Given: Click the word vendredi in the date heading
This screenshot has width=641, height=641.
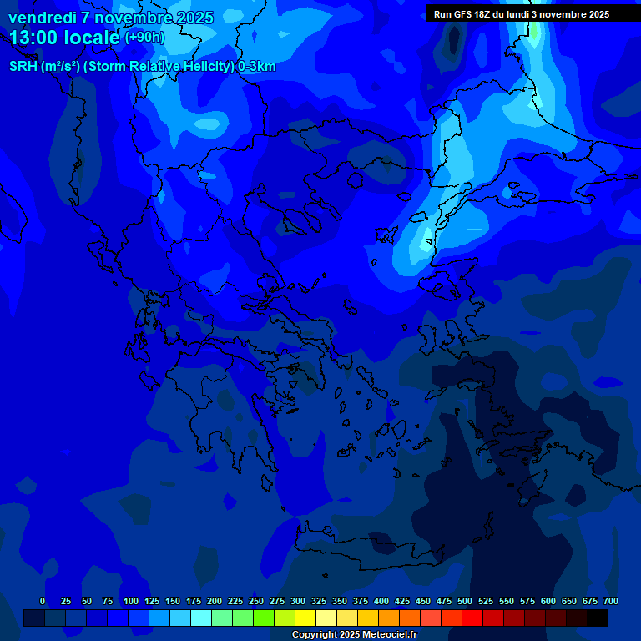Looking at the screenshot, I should [42, 18].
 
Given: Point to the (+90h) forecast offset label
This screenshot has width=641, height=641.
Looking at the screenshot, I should [144, 38].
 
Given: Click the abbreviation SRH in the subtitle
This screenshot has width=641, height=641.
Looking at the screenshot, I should [23, 67].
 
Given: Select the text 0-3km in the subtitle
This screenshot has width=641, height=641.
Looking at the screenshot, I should [257, 67].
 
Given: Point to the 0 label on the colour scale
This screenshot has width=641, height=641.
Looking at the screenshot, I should [43, 602].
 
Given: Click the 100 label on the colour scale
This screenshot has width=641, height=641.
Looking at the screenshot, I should [131, 602].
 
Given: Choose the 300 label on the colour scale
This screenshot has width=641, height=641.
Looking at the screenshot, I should [298, 602].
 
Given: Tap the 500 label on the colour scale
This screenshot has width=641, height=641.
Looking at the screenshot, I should [465, 602].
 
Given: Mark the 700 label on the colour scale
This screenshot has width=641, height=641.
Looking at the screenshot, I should [611, 602].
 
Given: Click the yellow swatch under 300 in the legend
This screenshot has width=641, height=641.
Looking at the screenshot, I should [305, 618].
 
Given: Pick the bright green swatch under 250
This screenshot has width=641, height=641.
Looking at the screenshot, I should [264, 618].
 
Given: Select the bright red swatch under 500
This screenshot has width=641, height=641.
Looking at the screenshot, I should [472, 618].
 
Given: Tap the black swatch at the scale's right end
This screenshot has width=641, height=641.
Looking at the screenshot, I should [598, 618].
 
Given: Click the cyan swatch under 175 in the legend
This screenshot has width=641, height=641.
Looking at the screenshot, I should [201, 618].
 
